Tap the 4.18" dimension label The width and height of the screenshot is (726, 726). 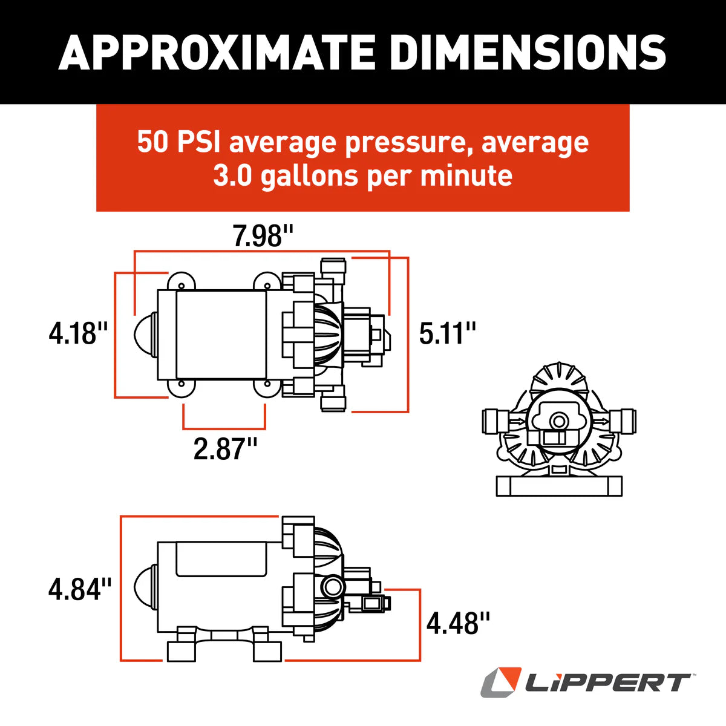point(78,333)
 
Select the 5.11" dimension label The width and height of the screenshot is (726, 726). point(448,333)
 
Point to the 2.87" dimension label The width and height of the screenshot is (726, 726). point(225,449)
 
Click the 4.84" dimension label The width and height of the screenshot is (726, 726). point(80,589)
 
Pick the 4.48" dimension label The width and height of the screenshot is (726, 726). point(458,623)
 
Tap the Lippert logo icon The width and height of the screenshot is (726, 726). point(501,682)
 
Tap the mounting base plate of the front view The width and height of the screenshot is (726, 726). point(559,486)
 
